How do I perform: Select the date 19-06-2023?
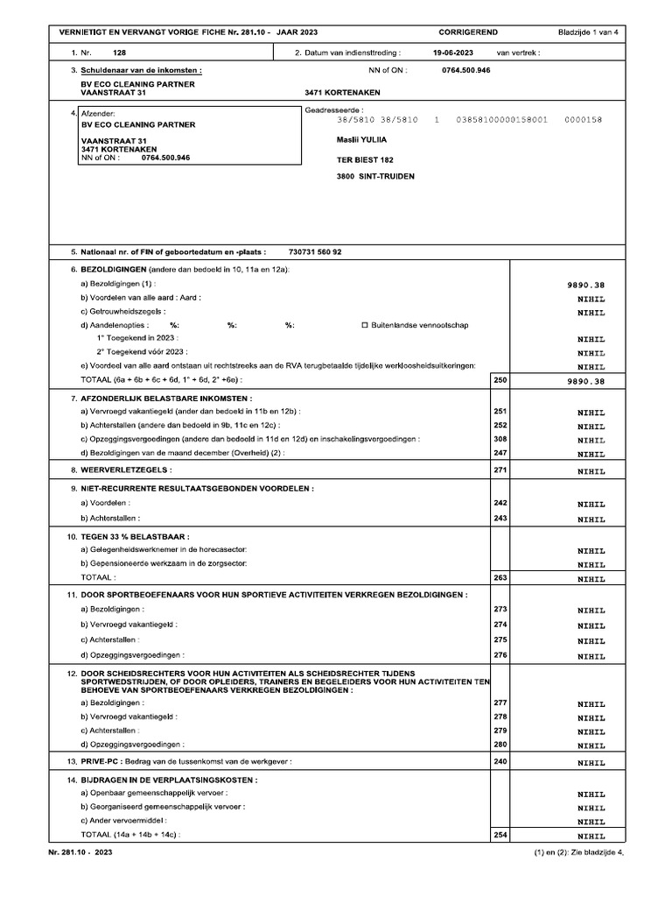tap(453, 53)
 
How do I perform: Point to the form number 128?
tap(120, 53)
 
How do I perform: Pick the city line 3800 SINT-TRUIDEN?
tap(376, 176)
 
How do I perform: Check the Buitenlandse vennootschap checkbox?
tap(365, 325)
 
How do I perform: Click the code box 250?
tap(500, 380)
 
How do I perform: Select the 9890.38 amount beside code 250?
tap(586, 381)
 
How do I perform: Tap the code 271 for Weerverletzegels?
tap(500, 470)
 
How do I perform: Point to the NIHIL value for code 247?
tap(591, 454)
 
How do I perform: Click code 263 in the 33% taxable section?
tap(500, 578)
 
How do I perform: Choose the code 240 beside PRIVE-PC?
tap(500, 762)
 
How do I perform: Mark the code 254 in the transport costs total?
tap(500, 836)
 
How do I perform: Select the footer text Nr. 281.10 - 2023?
tap(80, 851)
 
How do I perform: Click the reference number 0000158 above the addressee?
tap(583, 119)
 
